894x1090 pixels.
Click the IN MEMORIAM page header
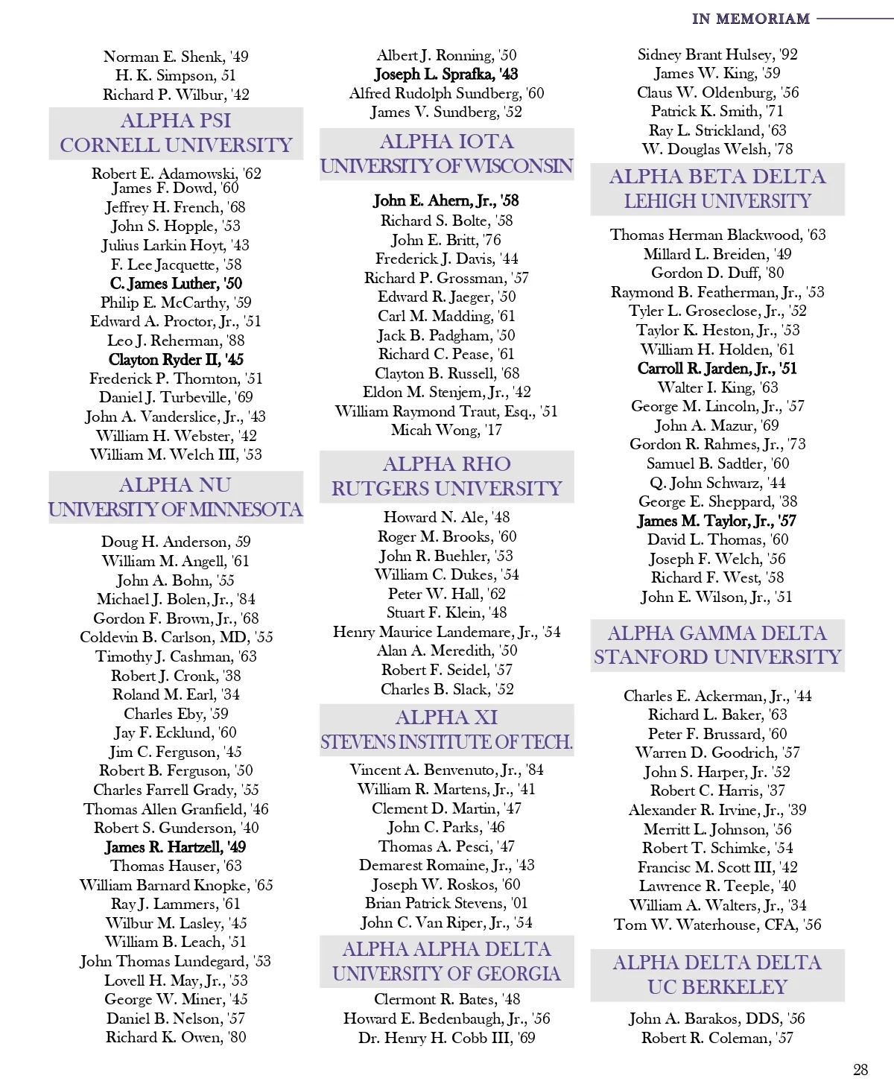pos(750,19)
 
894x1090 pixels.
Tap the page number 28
pos(860,1070)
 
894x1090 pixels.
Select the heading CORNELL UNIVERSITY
pos(176,145)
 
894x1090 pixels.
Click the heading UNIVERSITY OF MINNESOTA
pos(176,510)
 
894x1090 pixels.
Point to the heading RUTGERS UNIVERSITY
pos(446,489)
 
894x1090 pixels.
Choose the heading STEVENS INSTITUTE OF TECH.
pos(446,742)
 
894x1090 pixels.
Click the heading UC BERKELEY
pos(717,987)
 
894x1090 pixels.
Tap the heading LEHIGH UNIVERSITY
pos(717,201)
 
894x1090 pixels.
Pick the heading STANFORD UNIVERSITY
pos(717,657)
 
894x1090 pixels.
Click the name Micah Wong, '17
pos(446,430)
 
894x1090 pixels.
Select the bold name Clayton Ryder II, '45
pos(176,360)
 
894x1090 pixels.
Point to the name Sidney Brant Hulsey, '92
pos(717,54)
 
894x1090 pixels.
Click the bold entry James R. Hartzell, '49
pos(176,847)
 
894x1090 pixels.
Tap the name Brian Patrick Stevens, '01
pos(446,903)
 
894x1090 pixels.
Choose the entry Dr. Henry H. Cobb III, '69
pos(446,1038)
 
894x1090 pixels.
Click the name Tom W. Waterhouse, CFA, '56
pos(717,925)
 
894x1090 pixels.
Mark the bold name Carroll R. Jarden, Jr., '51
pos(717,368)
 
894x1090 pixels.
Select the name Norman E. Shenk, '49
pos(176,57)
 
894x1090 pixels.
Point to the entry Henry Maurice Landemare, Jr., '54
pos(446,632)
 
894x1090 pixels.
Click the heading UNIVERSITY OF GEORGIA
pos(446,974)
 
